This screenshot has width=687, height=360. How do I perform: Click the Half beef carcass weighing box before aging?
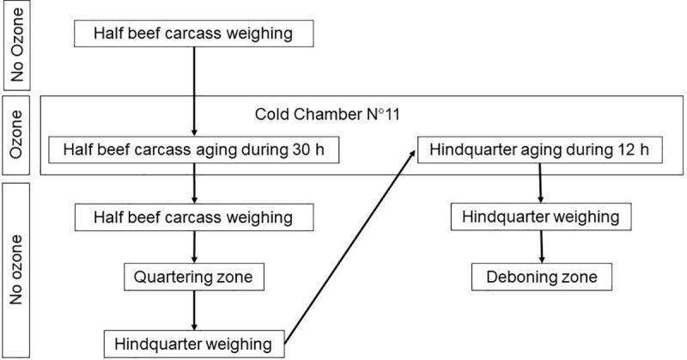195,34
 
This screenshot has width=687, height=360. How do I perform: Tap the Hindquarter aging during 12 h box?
539,149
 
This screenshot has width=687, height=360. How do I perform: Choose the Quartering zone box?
195,278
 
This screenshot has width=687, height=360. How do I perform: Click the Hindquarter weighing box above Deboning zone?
540,216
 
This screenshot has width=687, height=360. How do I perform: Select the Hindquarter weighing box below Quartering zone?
195,344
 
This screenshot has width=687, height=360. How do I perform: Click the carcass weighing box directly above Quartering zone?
195,216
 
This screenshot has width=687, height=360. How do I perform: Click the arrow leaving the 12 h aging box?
540,182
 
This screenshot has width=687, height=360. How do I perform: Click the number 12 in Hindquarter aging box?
620,149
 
